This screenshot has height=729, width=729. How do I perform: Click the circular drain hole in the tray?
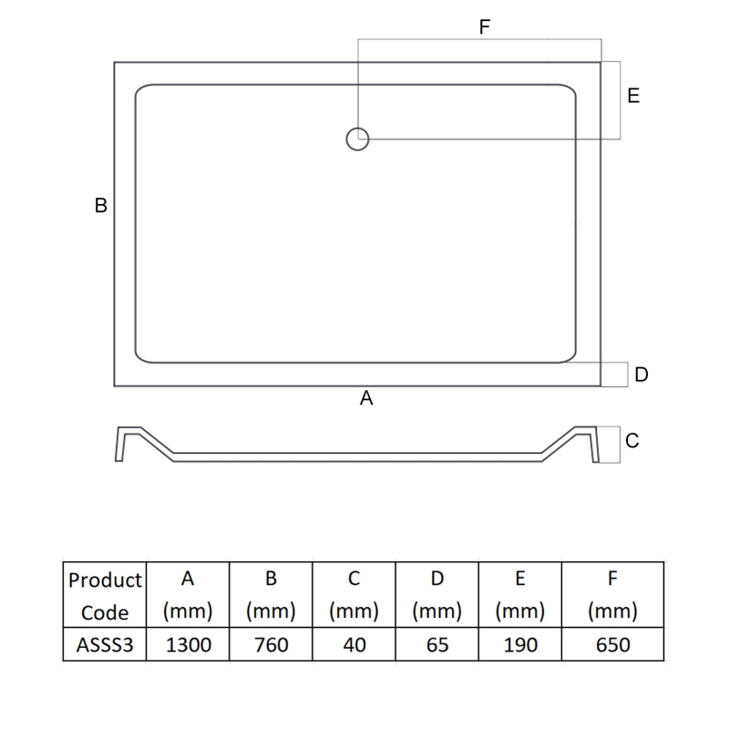tap(357, 139)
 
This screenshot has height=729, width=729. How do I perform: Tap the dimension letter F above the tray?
tap(485, 27)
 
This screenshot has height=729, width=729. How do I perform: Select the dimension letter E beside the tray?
tap(633, 96)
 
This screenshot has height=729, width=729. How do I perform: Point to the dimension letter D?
tap(642, 375)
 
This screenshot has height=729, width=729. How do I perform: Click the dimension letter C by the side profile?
tap(632, 441)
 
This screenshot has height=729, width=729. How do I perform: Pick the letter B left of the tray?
tap(101, 206)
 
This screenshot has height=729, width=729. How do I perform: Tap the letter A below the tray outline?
tap(367, 398)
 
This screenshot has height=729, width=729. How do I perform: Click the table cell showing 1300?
tap(188, 645)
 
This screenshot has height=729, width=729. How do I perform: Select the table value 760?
tap(271, 645)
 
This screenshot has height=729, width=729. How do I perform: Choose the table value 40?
tap(354, 645)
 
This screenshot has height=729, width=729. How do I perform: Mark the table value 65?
tap(436, 645)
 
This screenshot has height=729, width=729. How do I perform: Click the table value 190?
tap(519, 645)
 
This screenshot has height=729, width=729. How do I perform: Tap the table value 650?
tap(611, 645)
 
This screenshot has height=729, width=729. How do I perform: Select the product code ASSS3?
tap(105, 645)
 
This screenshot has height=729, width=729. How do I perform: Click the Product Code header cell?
tap(105, 595)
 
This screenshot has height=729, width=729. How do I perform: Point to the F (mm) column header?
tap(611, 595)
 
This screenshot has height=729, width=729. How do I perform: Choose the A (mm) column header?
tap(188, 595)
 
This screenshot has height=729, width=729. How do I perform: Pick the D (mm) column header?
tap(436, 595)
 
